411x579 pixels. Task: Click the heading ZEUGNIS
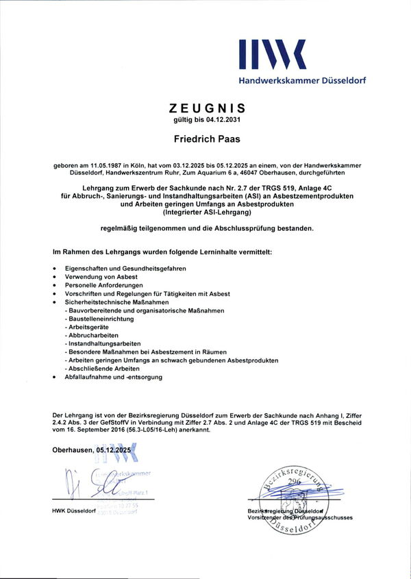[x=206, y=108]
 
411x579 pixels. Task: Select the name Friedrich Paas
[x=206, y=139]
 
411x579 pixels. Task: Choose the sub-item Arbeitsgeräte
[x=88, y=327]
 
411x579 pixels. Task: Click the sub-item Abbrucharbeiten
[x=91, y=335]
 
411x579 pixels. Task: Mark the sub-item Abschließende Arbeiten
[x=101, y=368]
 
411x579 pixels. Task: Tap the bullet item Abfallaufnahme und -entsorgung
[x=114, y=377]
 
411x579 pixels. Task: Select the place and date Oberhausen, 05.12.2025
[x=91, y=450]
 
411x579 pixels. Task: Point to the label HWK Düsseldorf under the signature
[x=74, y=512]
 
